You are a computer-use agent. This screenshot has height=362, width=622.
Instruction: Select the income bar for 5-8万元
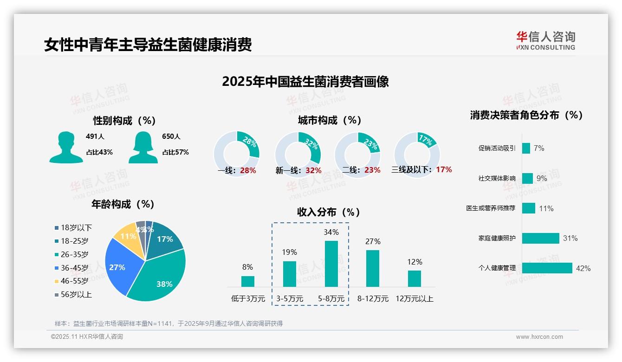tap(331, 264)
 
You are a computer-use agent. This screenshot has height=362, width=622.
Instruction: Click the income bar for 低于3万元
tap(248, 281)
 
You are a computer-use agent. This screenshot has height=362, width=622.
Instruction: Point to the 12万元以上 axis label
tap(414, 299)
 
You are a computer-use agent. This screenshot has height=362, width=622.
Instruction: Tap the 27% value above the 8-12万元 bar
tap(373, 241)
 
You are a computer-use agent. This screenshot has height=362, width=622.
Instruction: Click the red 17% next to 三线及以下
tap(444, 170)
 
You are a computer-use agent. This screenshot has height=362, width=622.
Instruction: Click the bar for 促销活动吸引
tap(526, 148)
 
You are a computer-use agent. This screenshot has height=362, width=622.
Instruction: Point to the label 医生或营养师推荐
tap(491, 208)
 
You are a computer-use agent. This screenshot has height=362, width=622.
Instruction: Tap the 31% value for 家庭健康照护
tap(570, 238)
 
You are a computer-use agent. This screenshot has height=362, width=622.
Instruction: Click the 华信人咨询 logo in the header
tap(545, 40)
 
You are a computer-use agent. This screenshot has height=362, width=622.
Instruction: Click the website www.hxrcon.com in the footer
tap(539, 337)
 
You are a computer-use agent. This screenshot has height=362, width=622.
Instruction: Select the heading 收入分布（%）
tap(329, 212)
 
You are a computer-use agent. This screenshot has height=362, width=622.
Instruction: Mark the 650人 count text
tap(171, 136)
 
